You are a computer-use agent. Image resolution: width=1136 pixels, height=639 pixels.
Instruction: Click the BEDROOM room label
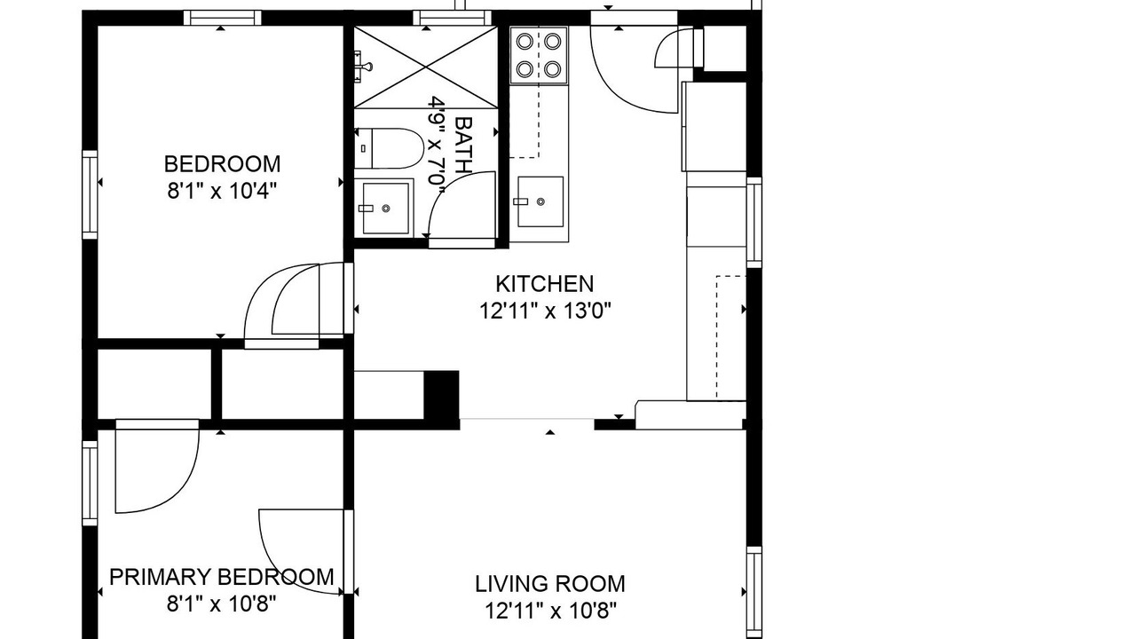(222, 164)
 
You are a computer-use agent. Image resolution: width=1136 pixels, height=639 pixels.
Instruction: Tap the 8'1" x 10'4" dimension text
(222, 192)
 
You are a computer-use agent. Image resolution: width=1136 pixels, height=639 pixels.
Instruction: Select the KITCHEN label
(545, 284)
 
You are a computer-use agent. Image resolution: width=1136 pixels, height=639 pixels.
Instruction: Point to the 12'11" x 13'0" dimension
(545, 311)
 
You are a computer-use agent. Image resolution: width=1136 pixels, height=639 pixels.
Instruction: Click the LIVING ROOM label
(550, 584)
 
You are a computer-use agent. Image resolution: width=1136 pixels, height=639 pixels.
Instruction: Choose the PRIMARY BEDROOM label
(222, 577)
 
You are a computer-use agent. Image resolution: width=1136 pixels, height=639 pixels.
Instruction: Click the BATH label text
(464, 146)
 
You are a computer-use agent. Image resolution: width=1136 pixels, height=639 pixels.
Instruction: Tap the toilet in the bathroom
(389, 148)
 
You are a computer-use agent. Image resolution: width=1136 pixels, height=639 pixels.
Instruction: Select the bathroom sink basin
(385, 208)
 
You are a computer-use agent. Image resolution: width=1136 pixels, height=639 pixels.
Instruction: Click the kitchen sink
(540, 201)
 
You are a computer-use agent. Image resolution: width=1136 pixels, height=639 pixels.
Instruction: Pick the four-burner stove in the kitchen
(539, 55)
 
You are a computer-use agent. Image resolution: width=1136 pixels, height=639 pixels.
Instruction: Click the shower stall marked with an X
(425, 67)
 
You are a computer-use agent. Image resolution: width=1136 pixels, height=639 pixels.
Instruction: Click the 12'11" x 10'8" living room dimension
(551, 611)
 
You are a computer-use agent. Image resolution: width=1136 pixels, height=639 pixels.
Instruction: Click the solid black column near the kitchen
(441, 396)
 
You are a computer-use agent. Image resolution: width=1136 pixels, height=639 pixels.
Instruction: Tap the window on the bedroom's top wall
(222, 18)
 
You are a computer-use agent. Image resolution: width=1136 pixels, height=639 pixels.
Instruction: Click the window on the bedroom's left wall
(90, 194)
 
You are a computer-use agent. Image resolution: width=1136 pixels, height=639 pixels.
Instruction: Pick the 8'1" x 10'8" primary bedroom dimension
(222, 604)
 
